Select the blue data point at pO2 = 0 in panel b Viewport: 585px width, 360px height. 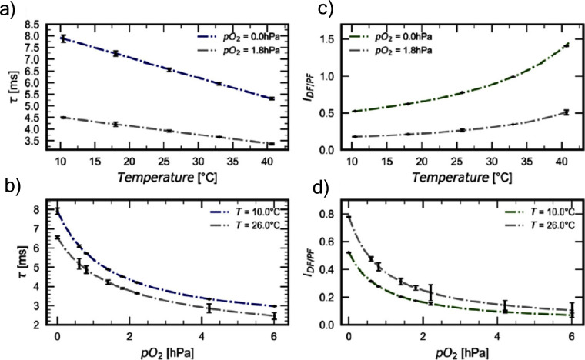57,210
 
